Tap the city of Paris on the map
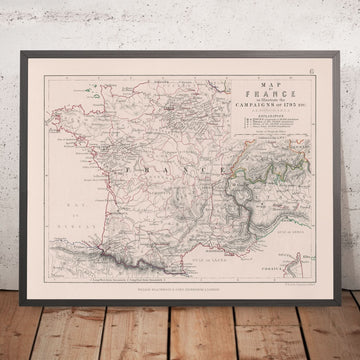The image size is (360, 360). coord(161,117)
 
